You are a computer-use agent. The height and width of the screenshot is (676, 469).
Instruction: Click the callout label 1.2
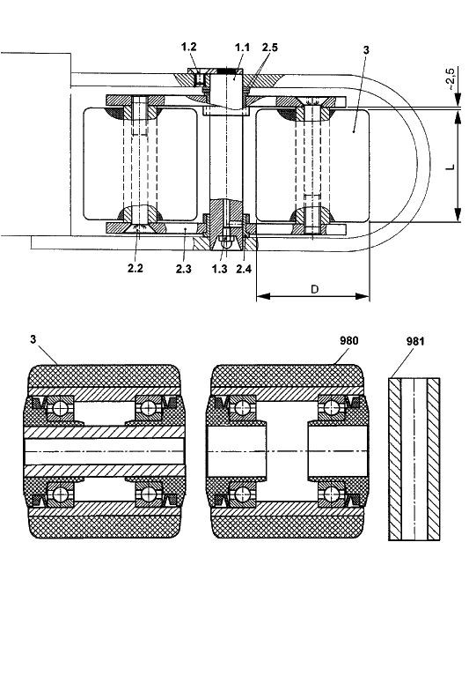(189, 47)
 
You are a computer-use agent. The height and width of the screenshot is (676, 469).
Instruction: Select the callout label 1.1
(242, 48)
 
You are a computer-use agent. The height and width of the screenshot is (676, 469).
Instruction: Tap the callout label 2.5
(270, 48)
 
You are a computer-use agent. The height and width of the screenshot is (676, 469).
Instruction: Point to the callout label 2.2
(136, 268)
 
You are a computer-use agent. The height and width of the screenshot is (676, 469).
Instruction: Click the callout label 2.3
(183, 269)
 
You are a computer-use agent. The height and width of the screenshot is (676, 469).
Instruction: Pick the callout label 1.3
(219, 269)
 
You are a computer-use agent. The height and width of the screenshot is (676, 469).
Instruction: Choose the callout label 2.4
(244, 269)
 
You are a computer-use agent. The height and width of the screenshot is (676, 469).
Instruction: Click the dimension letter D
(314, 289)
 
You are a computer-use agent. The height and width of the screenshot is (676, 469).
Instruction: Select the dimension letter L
(450, 167)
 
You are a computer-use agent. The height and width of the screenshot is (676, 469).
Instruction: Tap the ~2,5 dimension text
(450, 78)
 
